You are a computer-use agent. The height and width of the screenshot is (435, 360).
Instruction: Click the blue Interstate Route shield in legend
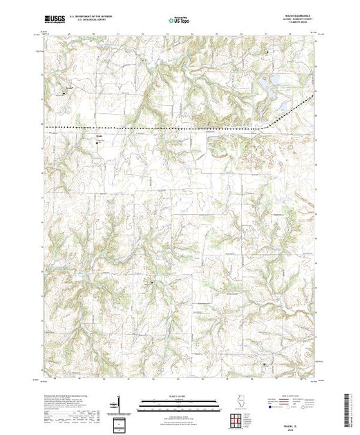click(x=267, y=408)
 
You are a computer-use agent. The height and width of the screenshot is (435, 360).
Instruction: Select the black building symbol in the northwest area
click(x=67, y=88)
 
